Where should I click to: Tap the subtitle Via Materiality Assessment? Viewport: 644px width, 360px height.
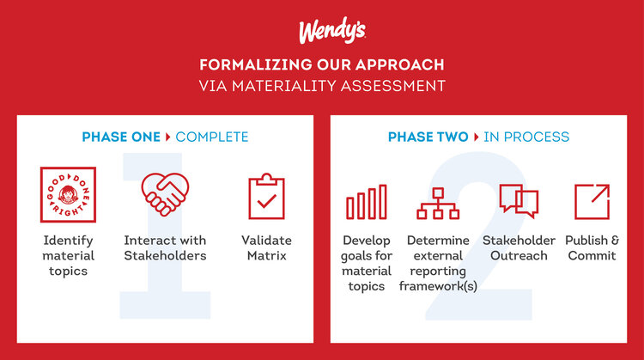tap(321, 86)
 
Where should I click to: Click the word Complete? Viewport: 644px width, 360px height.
tap(212, 137)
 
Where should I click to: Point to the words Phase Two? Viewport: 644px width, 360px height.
tap(428, 137)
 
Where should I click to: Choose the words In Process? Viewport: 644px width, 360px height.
tap(526, 137)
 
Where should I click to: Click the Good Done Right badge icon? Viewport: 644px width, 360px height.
tap(68, 196)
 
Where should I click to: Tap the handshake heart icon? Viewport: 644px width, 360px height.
tap(165, 196)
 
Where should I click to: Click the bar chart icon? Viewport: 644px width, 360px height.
tap(367, 202)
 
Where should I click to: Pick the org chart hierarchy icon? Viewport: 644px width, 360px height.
tap(438, 202)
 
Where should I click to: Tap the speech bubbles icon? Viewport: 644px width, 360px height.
tap(519, 201)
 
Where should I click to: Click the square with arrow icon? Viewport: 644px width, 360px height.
tap(591, 201)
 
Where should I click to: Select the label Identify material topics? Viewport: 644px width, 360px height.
tap(68, 255)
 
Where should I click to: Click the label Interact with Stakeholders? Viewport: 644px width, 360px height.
tap(165, 247)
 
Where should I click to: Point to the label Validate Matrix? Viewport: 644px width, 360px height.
tap(265, 247)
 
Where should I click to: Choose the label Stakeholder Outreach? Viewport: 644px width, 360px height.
tap(519, 247)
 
